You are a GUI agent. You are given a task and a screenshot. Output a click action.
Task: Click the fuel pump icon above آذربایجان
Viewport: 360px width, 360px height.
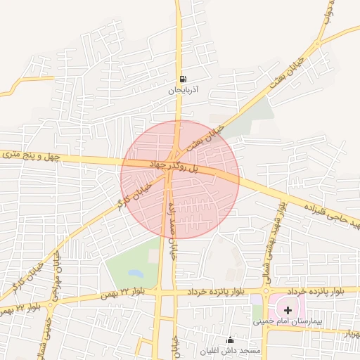pyautogui.click(x=184, y=79)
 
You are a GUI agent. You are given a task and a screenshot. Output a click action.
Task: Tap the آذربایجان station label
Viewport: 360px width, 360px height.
pyautogui.click(x=184, y=91)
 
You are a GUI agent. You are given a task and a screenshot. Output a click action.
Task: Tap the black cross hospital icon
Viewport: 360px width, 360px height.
pyautogui.click(x=288, y=310)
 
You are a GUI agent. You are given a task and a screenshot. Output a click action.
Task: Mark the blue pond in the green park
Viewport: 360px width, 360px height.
pyautogui.click(x=135, y=272)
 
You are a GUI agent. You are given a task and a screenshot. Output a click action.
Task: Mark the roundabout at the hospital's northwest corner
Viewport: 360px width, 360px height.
pyautogui.click(x=267, y=290)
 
